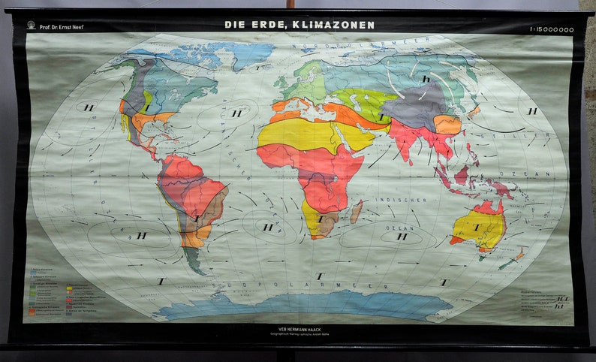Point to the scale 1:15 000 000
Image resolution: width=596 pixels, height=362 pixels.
point(551,29)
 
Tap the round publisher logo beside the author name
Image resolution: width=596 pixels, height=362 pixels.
point(32,26)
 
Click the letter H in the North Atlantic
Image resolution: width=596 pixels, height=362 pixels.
point(236,113)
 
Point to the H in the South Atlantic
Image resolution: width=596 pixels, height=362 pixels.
point(267,227)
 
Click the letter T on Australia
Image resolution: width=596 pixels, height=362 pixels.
point(477,227)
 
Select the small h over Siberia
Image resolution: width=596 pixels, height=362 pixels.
point(426,78)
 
